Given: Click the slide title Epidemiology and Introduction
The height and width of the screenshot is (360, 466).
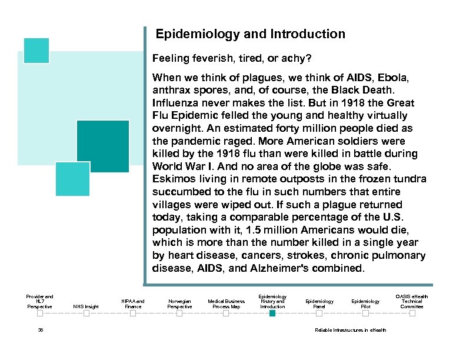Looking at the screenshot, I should tap(250, 34).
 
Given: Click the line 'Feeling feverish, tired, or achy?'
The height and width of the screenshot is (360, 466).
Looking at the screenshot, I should tap(232, 59).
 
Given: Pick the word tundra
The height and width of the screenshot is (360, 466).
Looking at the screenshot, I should tap(410, 179).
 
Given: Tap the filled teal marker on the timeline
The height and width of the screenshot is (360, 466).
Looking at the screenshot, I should tap(272, 314).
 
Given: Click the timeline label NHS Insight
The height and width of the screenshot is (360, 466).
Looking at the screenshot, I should tap(86, 306).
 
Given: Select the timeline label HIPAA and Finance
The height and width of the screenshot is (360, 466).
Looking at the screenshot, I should tap(133, 304).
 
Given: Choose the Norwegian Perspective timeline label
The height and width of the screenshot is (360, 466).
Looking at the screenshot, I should tap(179, 304).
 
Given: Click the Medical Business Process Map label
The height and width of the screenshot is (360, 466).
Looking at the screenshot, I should tap(226, 304).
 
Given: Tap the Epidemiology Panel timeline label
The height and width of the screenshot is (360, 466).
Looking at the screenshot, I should tap(319, 304).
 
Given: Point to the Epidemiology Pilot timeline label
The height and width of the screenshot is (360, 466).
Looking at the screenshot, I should tap(365, 304).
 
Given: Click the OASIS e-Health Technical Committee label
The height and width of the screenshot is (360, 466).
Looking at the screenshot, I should tap(412, 301).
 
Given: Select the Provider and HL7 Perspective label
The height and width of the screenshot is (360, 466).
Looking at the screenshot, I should tap(39, 301).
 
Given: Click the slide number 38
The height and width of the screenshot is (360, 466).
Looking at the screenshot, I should tap(40, 330).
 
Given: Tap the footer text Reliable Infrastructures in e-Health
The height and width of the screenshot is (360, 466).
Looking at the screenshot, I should tap(351, 330).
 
